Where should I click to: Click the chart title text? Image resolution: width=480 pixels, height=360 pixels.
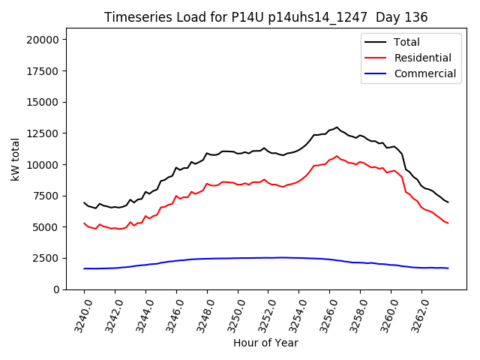(265, 17)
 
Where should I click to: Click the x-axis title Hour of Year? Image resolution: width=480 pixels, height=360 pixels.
(265, 343)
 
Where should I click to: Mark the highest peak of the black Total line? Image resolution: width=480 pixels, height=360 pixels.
(337, 127)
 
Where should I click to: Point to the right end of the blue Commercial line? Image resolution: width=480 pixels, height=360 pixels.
(448, 268)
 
